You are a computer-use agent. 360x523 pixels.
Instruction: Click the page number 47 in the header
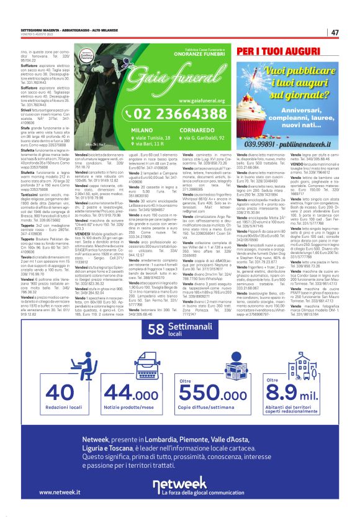pos(335,32)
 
